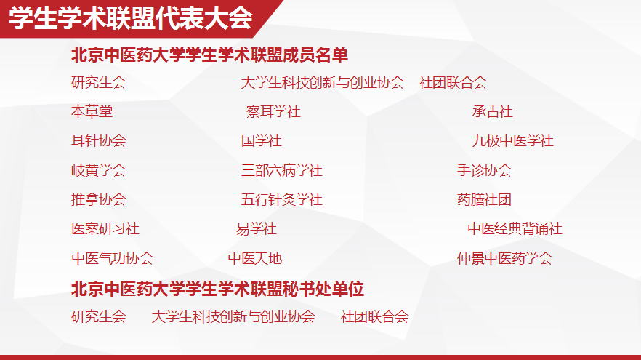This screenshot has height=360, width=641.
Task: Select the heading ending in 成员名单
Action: click(x=210, y=55)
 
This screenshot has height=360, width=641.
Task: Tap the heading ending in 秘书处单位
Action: click(x=217, y=289)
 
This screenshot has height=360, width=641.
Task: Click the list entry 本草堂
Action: click(x=92, y=112)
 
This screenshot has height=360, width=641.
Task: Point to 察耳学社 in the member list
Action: click(x=273, y=112)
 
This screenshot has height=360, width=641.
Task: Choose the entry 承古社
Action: click(x=492, y=112)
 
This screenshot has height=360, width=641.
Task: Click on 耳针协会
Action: click(x=98, y=141)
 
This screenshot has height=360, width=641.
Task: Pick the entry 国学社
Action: click(x=261, y=141)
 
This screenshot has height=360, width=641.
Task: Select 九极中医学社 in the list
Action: click(x=512, y=141)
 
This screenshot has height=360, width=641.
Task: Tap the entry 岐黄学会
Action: click(x=98, y=171)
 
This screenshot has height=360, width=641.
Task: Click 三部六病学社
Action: click(x=281, y=171)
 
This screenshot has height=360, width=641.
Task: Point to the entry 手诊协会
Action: click(x=484, y=171)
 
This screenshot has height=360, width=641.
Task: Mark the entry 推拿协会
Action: click(x=98, y=200)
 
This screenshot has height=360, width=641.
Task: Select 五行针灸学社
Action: click(x=281, y=200)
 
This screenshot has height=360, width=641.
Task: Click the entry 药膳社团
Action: click(x=484, y=200)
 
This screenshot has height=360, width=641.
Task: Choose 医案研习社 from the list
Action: click(x=105, y=229)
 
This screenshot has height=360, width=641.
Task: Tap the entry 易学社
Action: click(x=256, y=229)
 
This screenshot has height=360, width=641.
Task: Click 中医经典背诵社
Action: click(x=515, y=229)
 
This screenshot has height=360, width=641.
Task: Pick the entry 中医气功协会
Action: click(x=112, y=259)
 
